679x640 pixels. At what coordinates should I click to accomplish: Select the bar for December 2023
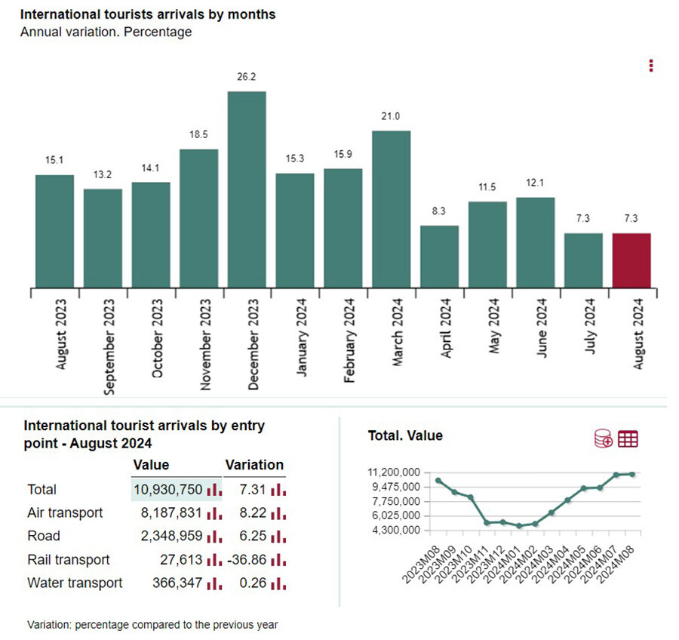247,189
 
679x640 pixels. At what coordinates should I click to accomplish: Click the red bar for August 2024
631,260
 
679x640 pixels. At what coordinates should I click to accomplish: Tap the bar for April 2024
439,256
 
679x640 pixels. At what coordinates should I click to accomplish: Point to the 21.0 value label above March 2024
391,115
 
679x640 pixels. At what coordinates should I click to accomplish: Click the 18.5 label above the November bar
198,134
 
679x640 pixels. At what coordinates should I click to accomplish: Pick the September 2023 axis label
109,344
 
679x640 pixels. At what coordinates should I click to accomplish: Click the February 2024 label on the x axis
349,340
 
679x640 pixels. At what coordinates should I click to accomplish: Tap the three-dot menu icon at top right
651,66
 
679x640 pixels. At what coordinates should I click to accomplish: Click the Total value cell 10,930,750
168,489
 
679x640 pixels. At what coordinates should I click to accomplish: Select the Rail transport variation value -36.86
244,559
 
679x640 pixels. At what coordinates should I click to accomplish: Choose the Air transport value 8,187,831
168,512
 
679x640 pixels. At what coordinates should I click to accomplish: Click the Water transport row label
74,583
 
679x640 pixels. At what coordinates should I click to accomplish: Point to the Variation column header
254,465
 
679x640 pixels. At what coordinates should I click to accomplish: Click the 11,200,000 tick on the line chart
393,472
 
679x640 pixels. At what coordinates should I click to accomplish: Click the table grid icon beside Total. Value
628,438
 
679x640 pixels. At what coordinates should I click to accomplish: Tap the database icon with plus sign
604,438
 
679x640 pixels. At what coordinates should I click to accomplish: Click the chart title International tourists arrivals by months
148,14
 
